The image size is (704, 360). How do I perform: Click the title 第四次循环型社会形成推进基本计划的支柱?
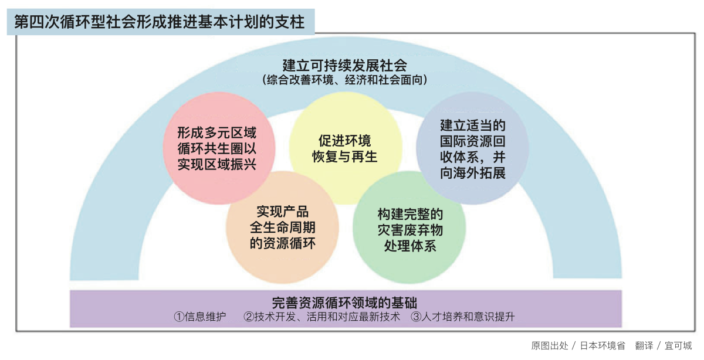(x=160, y=22)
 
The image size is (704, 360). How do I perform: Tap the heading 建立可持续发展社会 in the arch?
(x=345, y=66)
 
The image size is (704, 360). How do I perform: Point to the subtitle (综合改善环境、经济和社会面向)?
(x=345, y=80)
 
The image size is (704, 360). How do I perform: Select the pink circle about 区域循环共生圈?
(x=219, y=148)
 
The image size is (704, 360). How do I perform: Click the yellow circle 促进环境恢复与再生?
(x=346, y=148)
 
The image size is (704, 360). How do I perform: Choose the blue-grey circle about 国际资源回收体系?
(x=472, y=148)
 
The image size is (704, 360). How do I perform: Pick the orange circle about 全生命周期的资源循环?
(x=282, y=227)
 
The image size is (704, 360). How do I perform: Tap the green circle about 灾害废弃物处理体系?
(x=409, y=227)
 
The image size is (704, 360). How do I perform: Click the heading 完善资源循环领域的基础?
(x=345, y=303)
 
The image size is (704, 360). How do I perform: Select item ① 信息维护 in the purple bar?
(x=200, y=317)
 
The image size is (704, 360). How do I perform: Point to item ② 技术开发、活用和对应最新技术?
(x=322, y=317)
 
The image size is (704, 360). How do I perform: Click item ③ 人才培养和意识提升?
(x=463, y=317)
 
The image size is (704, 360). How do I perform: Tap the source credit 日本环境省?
(x=603, y=345)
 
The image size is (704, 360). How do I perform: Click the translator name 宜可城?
(x=678, y=345)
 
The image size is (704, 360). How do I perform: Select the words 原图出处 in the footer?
(x=550, y=345)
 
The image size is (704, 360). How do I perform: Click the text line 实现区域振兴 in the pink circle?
(x=217, y=164)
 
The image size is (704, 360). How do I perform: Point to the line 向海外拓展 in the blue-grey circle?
(x=473, y=173)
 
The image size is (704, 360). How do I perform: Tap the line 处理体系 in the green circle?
(x=410, y=246)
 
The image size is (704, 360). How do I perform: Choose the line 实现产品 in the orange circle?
(x=283, y=212)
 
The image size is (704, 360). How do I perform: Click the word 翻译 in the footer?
(x=644, y=345)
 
